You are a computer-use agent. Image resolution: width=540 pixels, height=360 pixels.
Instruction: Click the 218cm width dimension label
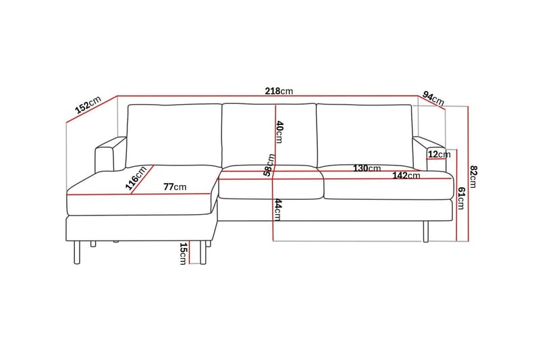click(279, 91)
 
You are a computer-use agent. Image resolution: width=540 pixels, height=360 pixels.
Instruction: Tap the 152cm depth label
click(87, 105)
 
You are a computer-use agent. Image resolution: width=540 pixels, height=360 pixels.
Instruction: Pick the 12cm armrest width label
click(439, 155)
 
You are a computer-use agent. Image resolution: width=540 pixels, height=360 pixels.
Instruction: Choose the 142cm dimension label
click(408, 176)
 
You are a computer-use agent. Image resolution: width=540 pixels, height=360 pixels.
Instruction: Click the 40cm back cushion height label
click(278, 132)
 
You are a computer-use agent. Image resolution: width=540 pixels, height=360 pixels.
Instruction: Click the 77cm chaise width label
click(175, 187)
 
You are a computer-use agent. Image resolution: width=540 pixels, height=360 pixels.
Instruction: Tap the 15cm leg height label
click(182, 254)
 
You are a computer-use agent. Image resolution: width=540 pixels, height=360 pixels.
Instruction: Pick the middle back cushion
click(269, 134)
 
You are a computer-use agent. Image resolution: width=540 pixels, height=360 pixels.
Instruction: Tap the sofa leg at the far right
click(425, 230)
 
